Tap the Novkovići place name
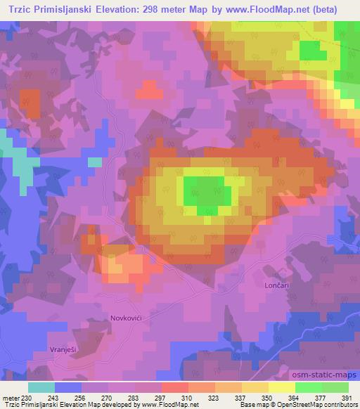(127, 318)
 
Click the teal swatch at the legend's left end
(41, 387)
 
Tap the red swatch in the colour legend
(174, 387)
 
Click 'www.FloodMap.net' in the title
(273, 10)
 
